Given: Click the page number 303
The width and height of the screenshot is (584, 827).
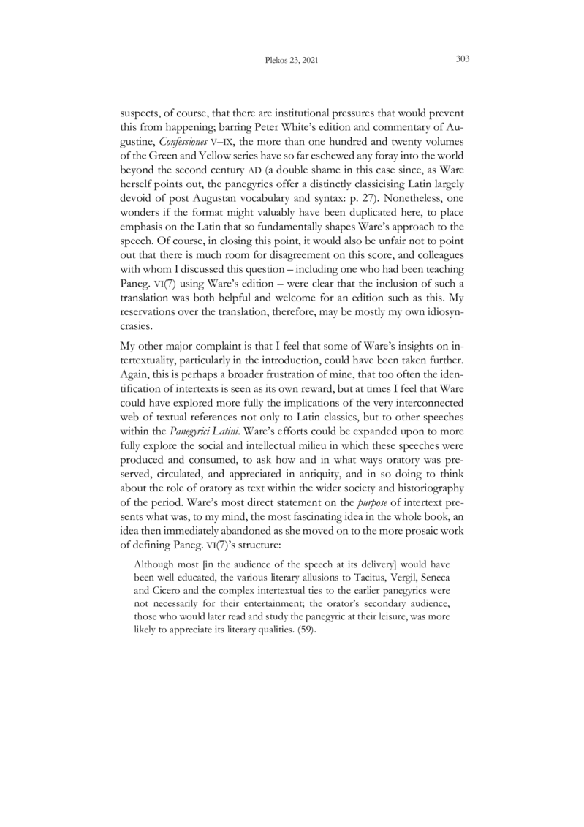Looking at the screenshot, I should (461, 61).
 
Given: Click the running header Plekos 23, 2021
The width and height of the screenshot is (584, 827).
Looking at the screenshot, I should (292, 61).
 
